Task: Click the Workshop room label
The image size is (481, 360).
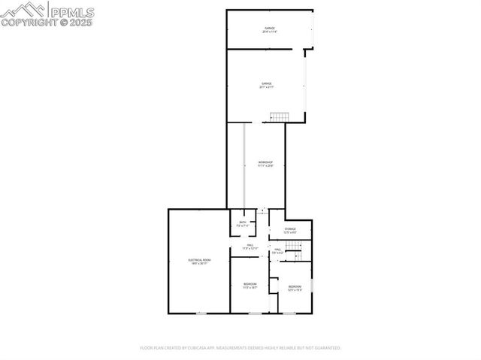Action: pos(265,164)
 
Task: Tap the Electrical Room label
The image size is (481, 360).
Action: pos(199,261)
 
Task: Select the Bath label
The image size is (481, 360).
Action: pos(243,223)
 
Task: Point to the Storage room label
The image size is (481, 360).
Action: pos(289,230)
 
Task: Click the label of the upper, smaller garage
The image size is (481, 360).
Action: pos(270,30)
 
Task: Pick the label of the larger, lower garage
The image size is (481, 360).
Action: pos(266,85)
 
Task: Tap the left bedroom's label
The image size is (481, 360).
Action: pos(250,285)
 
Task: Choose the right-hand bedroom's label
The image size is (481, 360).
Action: pos(295,288)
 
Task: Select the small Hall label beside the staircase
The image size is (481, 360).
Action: pos(277,251)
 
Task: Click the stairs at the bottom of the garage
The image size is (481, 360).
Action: pos(280,116)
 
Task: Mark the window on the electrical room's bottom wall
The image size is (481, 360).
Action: pos(201,313)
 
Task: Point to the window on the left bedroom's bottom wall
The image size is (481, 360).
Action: pos(256,313)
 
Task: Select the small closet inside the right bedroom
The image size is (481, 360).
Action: pos(274,286)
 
